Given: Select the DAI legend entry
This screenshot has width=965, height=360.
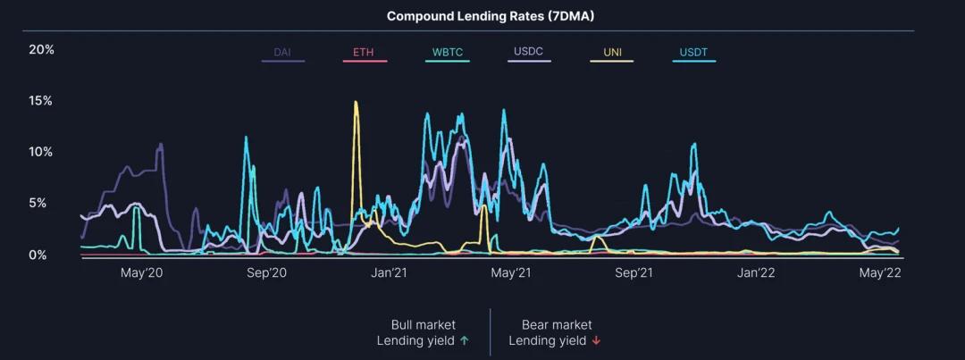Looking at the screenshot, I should pos(282,53).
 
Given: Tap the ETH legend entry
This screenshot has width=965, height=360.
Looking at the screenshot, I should pos(364,53).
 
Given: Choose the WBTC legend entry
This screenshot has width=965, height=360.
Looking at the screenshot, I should pos(448,53).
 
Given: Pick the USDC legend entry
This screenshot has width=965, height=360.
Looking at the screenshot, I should pos(529,52).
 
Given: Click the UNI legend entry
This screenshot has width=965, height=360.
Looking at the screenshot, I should pos(612,53).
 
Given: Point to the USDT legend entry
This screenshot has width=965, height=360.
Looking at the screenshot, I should pos(692,53).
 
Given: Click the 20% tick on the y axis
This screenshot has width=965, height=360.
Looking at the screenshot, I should pos(42,49).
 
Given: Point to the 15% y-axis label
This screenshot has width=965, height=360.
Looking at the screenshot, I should pos(42,101).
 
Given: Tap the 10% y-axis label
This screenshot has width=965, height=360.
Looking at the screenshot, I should pos(42,152).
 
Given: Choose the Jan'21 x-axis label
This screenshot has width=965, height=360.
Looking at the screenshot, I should pos(389,273).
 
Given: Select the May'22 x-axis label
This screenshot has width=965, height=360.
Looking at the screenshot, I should pos(880,273).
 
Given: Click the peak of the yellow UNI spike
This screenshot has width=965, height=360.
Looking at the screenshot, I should pos(356,103).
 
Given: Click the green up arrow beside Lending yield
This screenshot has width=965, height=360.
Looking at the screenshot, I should pos(464,340).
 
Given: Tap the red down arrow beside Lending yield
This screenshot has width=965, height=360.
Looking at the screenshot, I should pos(596,340).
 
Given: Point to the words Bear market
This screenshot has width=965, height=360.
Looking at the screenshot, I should pos(557,325).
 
